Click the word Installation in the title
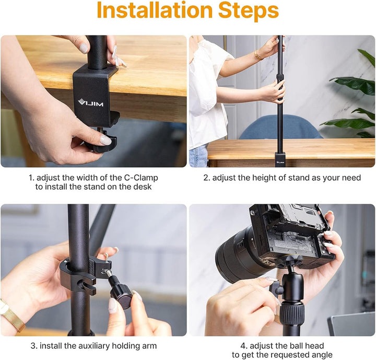155,10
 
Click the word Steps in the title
249,11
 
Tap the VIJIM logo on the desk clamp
91,103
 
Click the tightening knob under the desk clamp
103,143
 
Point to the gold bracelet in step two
258,55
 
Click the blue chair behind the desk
280,127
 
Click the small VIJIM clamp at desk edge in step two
280,159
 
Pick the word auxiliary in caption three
90,346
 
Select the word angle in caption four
321,355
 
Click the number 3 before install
33,346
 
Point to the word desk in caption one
143,187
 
